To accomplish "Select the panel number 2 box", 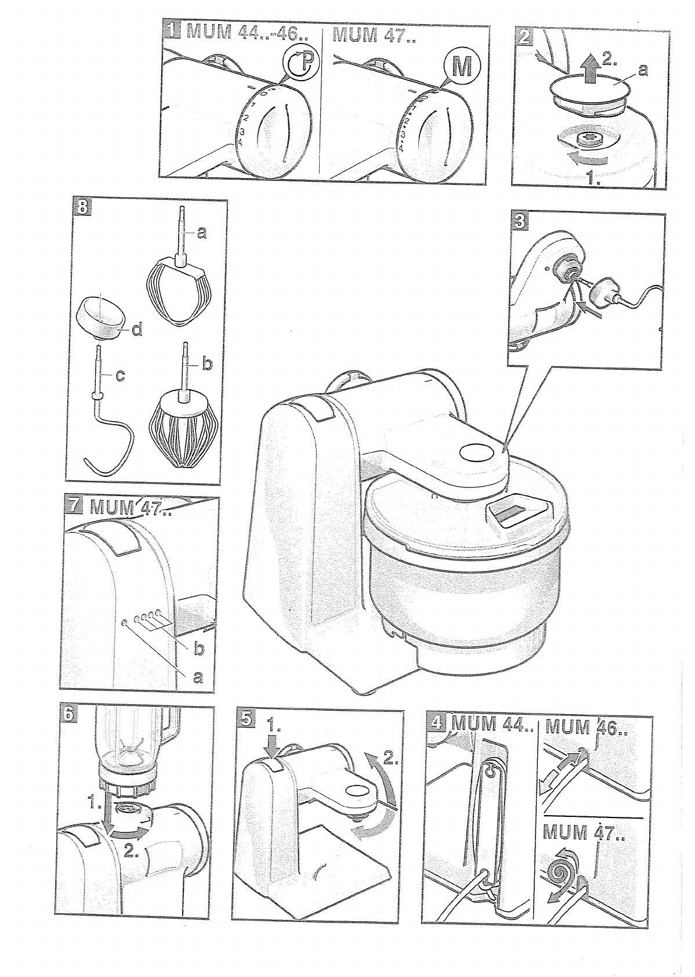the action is pyautogui.click(x=524, y=38).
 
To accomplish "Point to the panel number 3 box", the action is pyautogui.click(x=520, y=221).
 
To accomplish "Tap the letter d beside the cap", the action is pyautogui.click(x=137, y=330).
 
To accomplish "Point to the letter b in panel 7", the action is pyautogui.click(x=199, y=649).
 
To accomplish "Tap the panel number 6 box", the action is pyautogui.click(x=69, y=715).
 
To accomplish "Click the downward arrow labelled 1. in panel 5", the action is pyautogui.click(x=275, y=744).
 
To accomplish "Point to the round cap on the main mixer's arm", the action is pyautogui.click(x=474, y=451).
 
